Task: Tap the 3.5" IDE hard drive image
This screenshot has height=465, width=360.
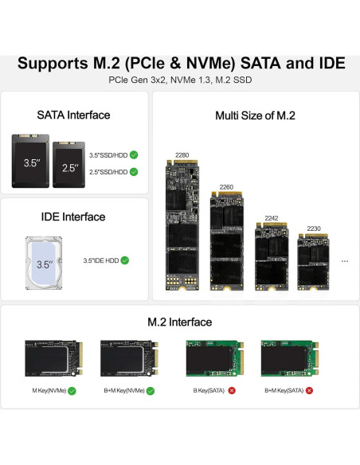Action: pyautogui.click(x=43, y=260)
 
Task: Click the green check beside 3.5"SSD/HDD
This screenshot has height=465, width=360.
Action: pyautogui.click(x=134, y=155)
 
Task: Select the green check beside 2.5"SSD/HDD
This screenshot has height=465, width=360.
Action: pyautogui.click(x=134, y=171)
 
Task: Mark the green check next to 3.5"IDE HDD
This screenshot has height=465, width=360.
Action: pyautogui.click(x=125, y=260)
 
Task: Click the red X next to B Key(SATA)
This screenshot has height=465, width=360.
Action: pyautogui.click(x=232, y=391)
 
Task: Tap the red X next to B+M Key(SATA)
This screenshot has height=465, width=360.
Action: pyautogui.click(x=309, y=391)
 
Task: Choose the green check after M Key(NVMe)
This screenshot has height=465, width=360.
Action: pyautogui.click(x=72, y=391)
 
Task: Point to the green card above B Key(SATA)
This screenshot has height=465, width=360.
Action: pyautogui.click(x=212, y=359)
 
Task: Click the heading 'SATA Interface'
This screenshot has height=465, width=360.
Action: pyautogui.click(x=73, y=115)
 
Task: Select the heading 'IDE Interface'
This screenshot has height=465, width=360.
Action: pyautogui.click(x=73, y=217)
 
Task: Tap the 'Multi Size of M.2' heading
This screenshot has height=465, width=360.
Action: pyautogui.click(x=255, y=115)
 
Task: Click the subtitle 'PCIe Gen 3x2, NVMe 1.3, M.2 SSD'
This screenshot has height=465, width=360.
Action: pyautogui.click(x=180, y=80)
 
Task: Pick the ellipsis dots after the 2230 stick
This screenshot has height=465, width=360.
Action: pyautogui.click(x=344, y=260)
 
